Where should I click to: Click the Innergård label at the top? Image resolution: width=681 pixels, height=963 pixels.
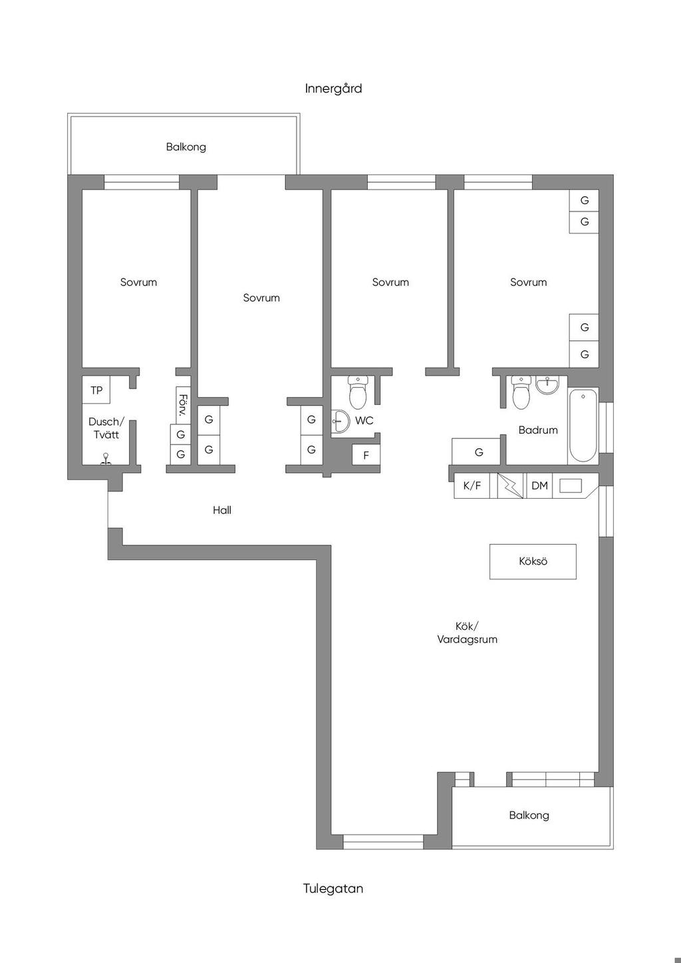point(333,89)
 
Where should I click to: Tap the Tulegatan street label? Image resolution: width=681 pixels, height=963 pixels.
point(333,889)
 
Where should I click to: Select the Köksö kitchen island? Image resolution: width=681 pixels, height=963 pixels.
point(533,561)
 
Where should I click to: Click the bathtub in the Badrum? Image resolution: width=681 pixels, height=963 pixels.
point(583,425)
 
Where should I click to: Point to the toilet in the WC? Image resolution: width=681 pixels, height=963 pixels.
point(357,392)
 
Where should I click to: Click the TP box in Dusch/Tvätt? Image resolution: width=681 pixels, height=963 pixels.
point(96,390)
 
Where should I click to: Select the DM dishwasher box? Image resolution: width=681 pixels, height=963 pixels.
point(539,485)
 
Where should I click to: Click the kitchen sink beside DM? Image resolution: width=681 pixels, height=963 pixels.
point(570,485)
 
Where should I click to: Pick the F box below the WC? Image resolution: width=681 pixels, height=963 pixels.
point(366,455)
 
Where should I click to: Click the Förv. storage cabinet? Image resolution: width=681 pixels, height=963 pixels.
point(183,406)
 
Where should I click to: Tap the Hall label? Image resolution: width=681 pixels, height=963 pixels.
point(222,510)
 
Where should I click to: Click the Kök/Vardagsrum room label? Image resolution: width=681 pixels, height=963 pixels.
point(468,632)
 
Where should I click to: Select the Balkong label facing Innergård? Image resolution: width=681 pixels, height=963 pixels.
point(186,147)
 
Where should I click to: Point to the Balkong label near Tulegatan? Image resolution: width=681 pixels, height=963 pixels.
point(529,815)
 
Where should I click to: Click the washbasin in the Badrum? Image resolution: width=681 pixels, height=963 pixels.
point(547,384)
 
